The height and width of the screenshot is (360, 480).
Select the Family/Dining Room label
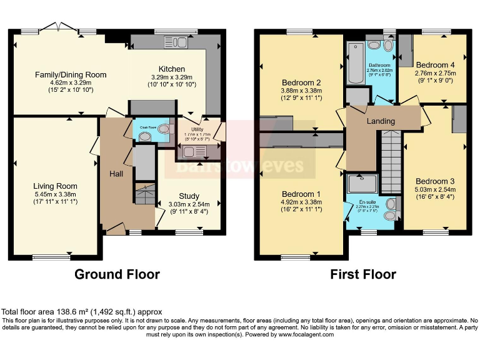[71, 75]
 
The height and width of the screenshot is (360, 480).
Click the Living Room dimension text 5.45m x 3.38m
[55, 194]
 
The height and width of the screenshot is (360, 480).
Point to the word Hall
[116, 173]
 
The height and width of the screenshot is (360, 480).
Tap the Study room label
[189, 196]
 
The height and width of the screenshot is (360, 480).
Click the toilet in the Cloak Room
[164, 129]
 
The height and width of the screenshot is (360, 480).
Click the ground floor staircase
[144, 194]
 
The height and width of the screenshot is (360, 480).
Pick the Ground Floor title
[117, 274]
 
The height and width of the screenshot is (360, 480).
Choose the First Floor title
[363, 274]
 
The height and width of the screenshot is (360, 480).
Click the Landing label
[381, 121]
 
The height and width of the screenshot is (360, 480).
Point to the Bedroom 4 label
[436, 65]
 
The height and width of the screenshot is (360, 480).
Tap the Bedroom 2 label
[301, 83]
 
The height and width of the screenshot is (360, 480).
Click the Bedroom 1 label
[301, 193]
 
